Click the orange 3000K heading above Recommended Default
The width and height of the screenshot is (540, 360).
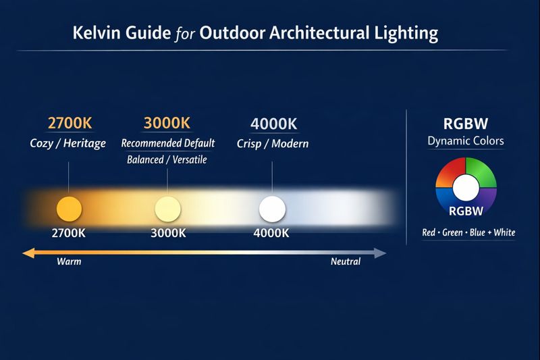tap(167, 124)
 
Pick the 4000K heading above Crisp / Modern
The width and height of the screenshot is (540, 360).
tap(273, 124)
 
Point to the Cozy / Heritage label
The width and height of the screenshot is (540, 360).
tap(67, 143)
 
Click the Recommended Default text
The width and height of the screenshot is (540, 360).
tap(167, 143)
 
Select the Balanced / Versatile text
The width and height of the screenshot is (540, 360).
tap(167, 160)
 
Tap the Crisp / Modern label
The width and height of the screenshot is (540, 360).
tap(272, 143)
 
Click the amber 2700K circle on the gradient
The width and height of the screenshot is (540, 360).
tap(69, 209)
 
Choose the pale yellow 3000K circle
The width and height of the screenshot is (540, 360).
tap(167, 209)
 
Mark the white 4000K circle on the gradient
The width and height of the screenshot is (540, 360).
tap(272, 209)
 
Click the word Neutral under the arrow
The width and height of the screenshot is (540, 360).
tap(346, 261)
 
